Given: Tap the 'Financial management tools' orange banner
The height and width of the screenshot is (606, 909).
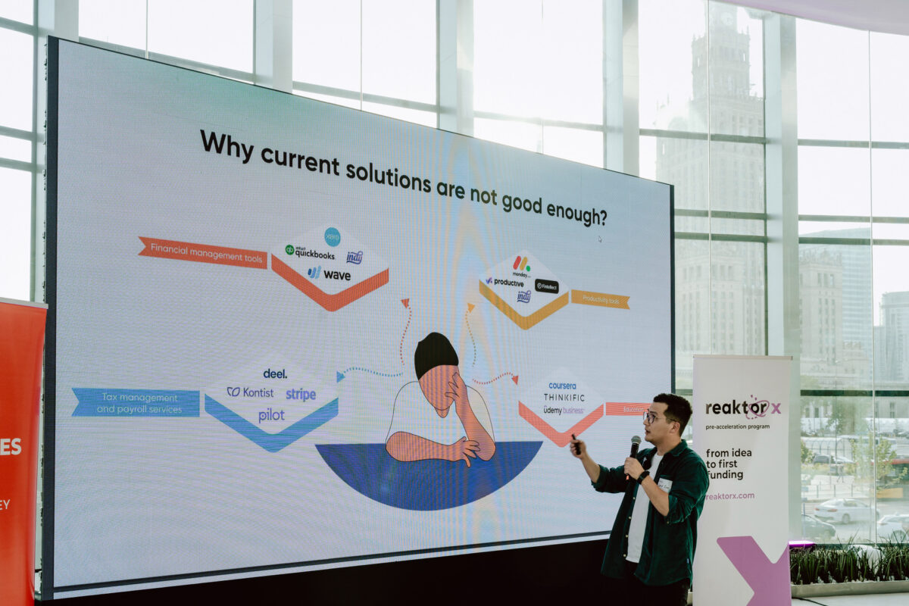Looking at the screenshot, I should pos(202,252).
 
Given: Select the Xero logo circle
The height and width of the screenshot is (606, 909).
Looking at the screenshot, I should pos(332,236).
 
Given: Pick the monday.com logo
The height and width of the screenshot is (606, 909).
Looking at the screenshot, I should pos(521,266).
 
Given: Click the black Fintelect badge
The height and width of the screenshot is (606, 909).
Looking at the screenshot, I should pos(546,286).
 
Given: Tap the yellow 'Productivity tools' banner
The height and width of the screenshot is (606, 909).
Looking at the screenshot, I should pos(600,300).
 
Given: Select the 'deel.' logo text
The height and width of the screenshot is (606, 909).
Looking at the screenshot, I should pos(275,373).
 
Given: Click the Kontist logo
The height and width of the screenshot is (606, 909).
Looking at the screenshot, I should pos(251,392).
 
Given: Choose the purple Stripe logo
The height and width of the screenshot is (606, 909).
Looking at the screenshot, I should pos(301,394).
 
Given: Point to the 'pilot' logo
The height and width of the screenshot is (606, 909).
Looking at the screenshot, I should pos(271,415).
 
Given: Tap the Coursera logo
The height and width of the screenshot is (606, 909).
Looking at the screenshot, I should pos(562,386).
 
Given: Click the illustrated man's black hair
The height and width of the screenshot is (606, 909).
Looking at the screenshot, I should pos(436,352).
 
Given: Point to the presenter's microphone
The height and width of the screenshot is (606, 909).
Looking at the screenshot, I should pos(634,447).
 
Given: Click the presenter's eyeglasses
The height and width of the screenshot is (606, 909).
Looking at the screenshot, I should pos(654,417).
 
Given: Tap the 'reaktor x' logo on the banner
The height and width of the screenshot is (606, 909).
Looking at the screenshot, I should pos(742,408).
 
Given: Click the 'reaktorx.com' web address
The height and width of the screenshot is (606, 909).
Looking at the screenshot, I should pos(729,495).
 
